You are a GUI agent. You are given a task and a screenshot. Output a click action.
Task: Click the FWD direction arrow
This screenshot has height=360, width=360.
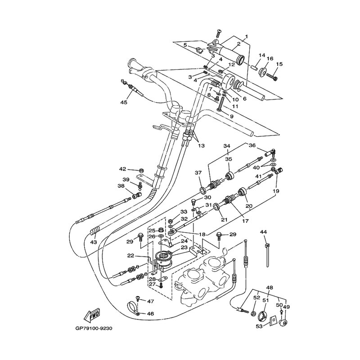pos(92,315)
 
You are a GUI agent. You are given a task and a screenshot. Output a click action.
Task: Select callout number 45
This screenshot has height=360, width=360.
pos(124,102)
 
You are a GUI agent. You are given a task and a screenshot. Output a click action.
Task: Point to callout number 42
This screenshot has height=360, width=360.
pos(122,169)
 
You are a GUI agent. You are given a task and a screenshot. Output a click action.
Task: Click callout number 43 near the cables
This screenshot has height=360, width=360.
pos(94,243)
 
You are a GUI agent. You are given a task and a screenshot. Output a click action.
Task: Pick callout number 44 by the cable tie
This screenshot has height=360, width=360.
pos(263,232)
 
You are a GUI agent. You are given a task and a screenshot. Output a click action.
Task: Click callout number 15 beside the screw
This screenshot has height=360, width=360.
pos(279,64)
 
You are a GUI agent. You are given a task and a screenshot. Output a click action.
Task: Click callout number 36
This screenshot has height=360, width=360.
pos(252,145)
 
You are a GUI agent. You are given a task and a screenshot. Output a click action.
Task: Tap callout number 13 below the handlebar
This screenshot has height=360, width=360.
pos(201,146)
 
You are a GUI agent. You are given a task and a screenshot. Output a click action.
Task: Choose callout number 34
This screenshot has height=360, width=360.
pos(226,146)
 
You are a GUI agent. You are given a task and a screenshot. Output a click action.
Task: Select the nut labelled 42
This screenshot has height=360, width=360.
pos(139,171)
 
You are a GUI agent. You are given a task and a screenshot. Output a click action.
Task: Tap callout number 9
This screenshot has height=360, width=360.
pos(232,117)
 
